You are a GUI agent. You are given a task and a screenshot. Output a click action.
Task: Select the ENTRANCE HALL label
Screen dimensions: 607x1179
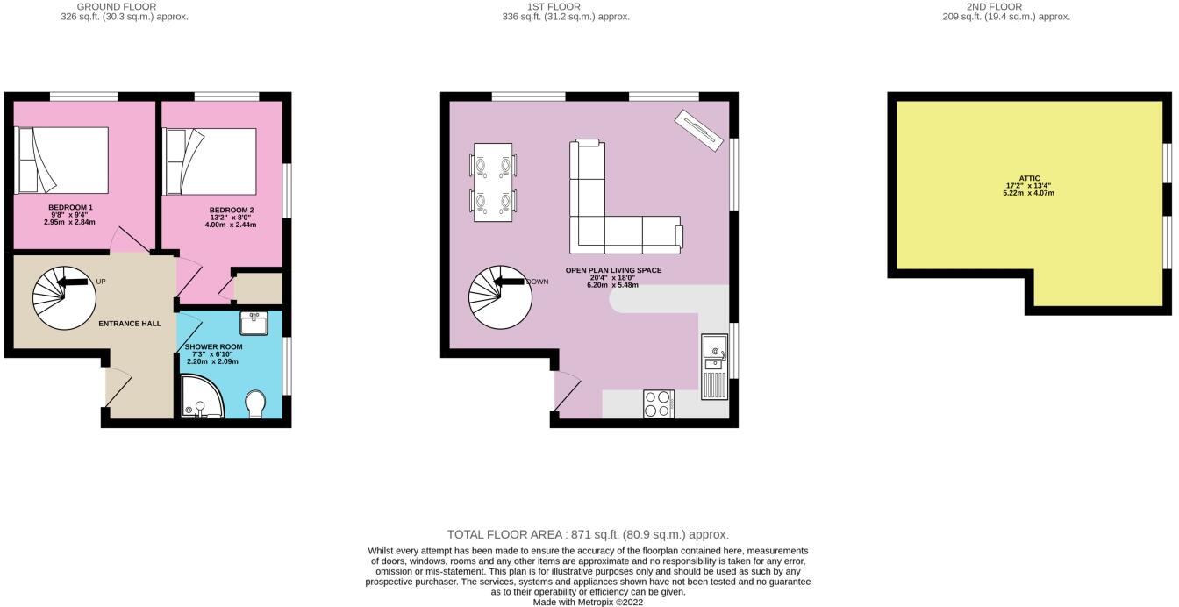click(129, 324)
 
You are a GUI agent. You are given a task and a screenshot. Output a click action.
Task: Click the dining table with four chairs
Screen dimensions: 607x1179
click(493, 182)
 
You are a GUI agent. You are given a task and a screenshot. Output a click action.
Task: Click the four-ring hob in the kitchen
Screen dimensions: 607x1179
click(658, 403)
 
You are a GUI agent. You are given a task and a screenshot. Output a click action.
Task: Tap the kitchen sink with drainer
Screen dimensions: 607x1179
click(714, 366)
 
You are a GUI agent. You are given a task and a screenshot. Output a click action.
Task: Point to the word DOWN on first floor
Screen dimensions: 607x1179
click(538, 282)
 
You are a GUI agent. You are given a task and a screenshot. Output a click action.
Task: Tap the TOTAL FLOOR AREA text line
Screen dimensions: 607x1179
click(588, 534)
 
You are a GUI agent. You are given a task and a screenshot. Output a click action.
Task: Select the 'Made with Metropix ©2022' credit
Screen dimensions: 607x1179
click(588, 602)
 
